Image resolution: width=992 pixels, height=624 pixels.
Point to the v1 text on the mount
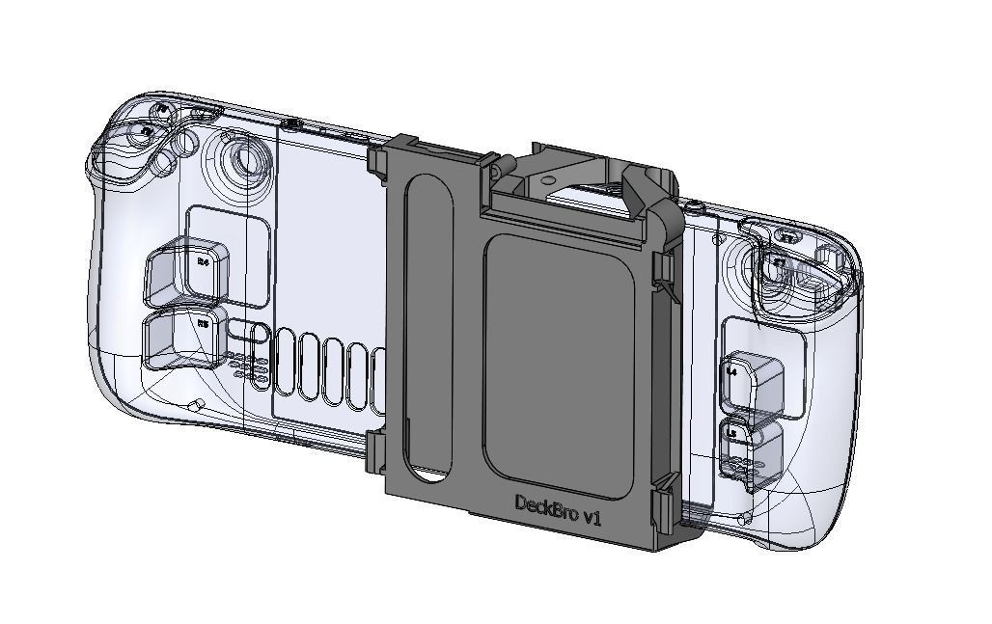click(x=591, y=518)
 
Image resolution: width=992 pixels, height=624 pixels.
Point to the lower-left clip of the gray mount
click(x=376, y=448)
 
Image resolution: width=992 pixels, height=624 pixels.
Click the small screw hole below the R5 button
click(x=196, y=405)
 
